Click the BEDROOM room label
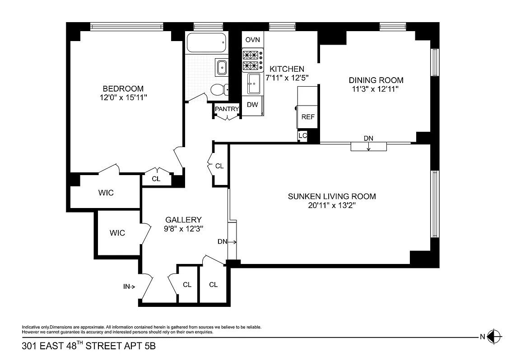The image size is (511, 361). (x=123, y=88)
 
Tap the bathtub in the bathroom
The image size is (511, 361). (x=205, y=44)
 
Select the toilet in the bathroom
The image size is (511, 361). (x=218, y=90)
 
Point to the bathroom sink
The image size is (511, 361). (x=222, y=68)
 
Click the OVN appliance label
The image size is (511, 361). (x=253, y=40)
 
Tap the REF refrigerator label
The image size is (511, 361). (x=308, y=116)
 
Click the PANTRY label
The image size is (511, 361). (x=227, y=109)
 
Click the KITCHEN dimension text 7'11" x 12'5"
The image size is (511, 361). (x=287, y=77)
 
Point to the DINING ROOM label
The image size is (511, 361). (x=376, y=80)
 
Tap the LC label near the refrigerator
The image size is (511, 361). (x=302, y=135)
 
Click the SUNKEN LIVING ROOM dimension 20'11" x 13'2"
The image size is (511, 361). (x=332, y=205)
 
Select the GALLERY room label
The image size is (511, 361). (x=183, y=220)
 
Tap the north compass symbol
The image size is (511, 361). (x=495, y=336)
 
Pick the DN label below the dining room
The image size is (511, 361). (x=368, y=138)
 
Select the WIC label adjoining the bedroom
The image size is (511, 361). (x=106, y=193)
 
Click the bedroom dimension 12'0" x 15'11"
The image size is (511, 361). (x=124, y=97)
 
